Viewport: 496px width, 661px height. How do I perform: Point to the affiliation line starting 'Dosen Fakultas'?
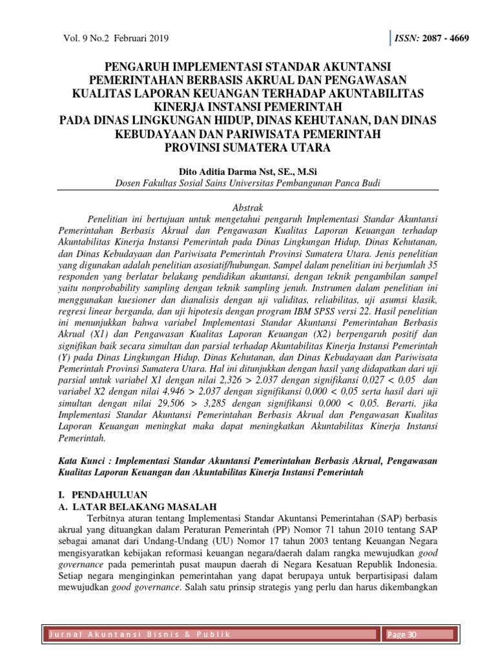click(x=247, y=183)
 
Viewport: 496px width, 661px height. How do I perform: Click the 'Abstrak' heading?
click(x=247, y=206)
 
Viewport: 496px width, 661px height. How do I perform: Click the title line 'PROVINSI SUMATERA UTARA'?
click(x=247, y=147)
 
